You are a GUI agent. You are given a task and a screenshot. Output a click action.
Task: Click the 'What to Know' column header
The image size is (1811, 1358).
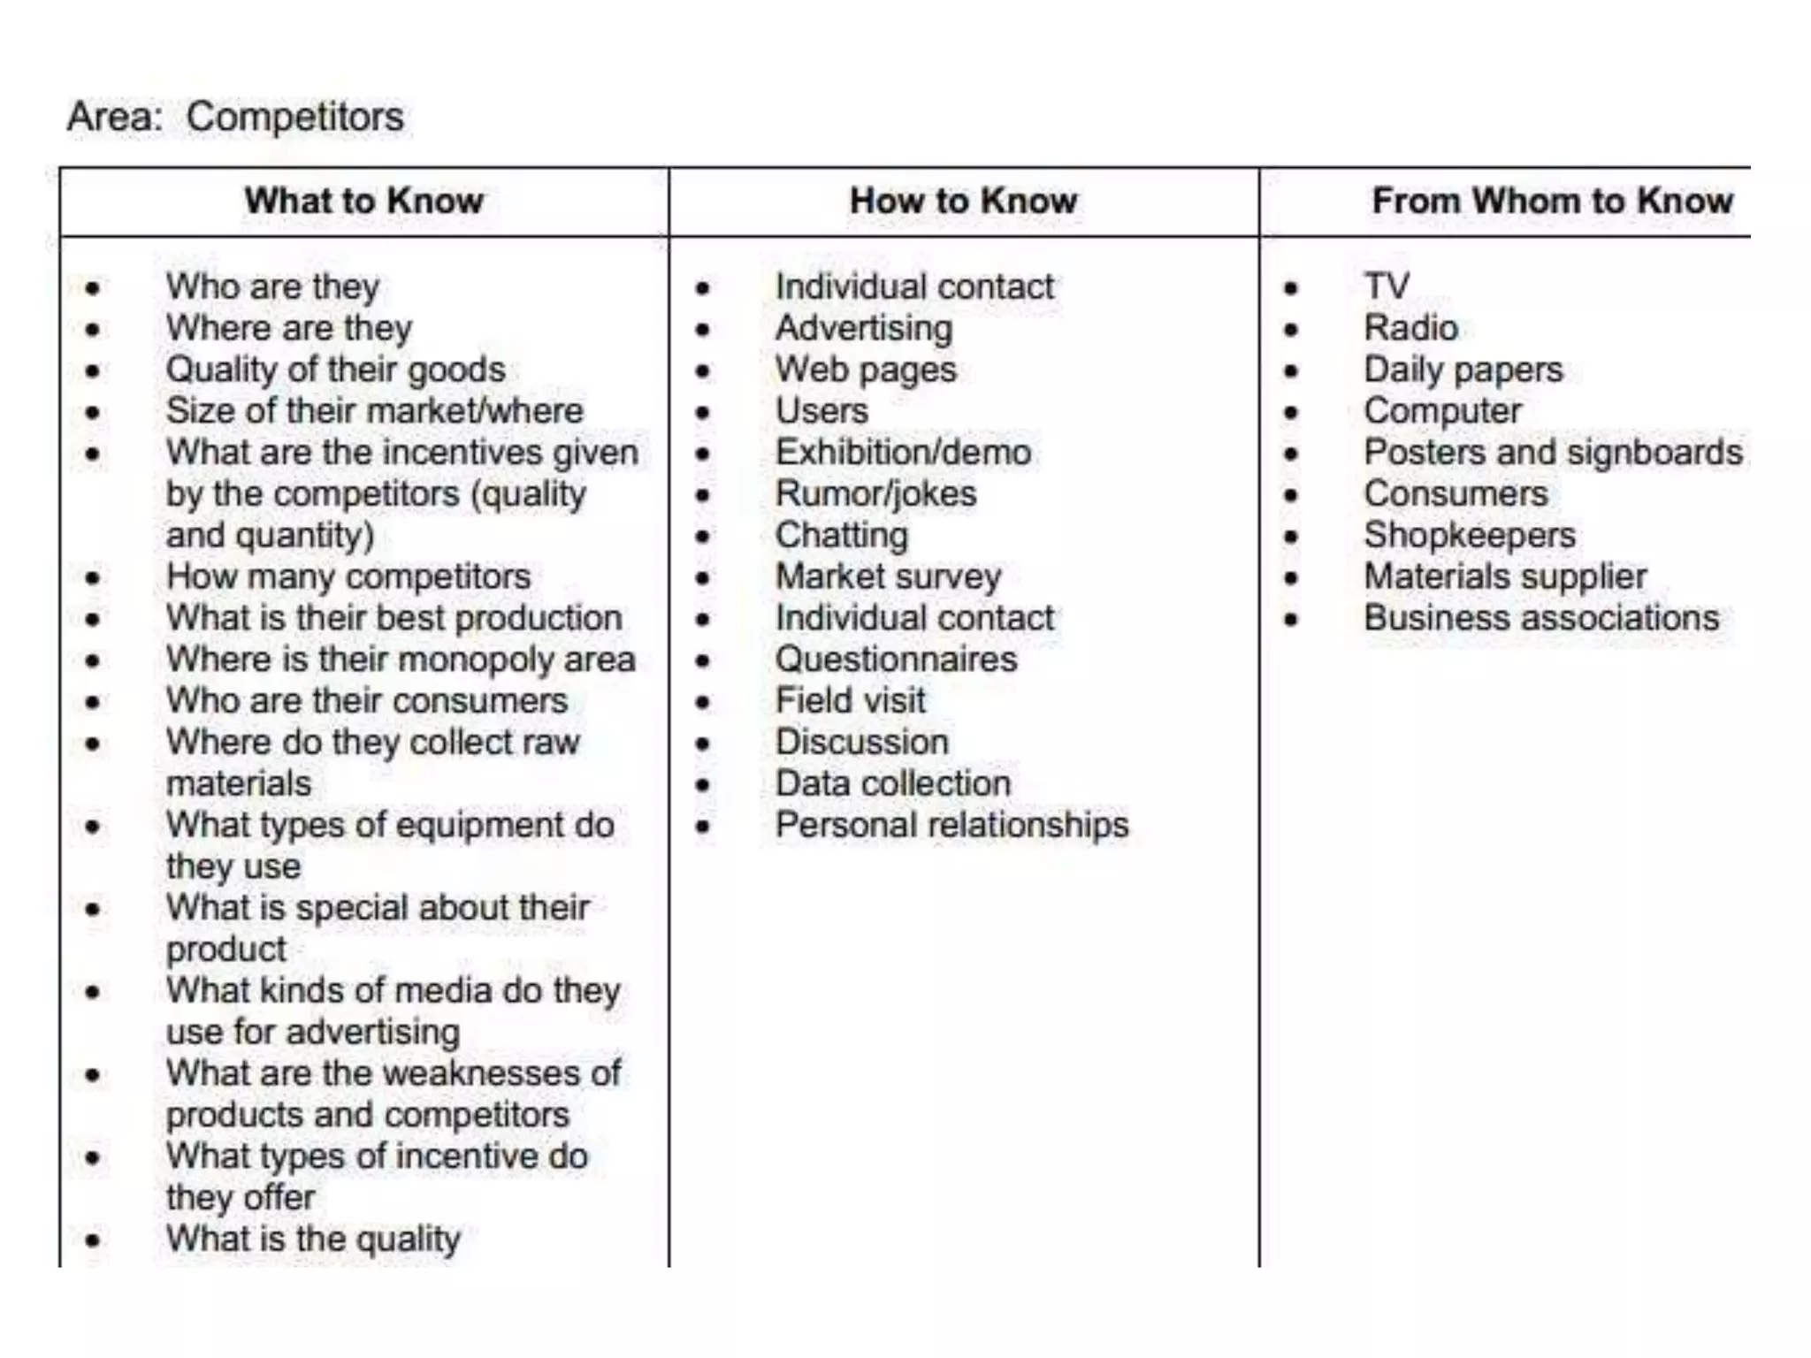pos(363,201)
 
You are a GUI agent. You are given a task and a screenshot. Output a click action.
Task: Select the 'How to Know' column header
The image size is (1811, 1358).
pos(963,201)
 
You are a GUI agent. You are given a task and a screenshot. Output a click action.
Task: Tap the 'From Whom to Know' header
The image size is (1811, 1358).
pos(1552,201)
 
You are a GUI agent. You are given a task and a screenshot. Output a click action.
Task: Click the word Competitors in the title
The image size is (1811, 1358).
pos(294,117)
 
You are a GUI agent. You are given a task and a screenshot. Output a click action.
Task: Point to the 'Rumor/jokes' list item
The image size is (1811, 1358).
pos(875,493)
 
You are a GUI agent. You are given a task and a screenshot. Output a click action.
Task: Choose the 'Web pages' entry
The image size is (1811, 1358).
pos(866,370)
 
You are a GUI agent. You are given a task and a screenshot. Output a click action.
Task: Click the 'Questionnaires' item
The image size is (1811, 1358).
pos(896,660)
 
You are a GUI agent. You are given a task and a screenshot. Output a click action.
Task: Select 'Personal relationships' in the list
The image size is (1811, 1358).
pos(951,825)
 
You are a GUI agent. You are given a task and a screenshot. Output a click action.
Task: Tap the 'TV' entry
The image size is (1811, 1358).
pos(1387,286)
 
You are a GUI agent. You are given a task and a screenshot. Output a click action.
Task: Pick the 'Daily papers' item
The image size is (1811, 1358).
pos(1463,370)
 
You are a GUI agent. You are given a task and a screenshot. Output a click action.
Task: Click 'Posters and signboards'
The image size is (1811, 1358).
pos(1553,453)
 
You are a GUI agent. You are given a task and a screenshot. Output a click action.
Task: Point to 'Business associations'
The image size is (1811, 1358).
pos(1541,618)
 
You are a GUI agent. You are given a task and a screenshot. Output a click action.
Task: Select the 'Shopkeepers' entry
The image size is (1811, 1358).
pos(1470,535)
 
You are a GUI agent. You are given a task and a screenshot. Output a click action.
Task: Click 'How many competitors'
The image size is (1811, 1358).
pos(348,576)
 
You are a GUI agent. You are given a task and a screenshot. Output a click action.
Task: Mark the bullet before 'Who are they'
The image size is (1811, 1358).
pos(93,288)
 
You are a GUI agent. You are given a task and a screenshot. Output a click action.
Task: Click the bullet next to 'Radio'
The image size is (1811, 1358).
pos(1291,330)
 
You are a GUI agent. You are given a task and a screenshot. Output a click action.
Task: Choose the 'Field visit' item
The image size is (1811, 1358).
pos(850,701)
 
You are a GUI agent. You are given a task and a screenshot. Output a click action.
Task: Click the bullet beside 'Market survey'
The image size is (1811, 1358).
pos(702,578)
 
